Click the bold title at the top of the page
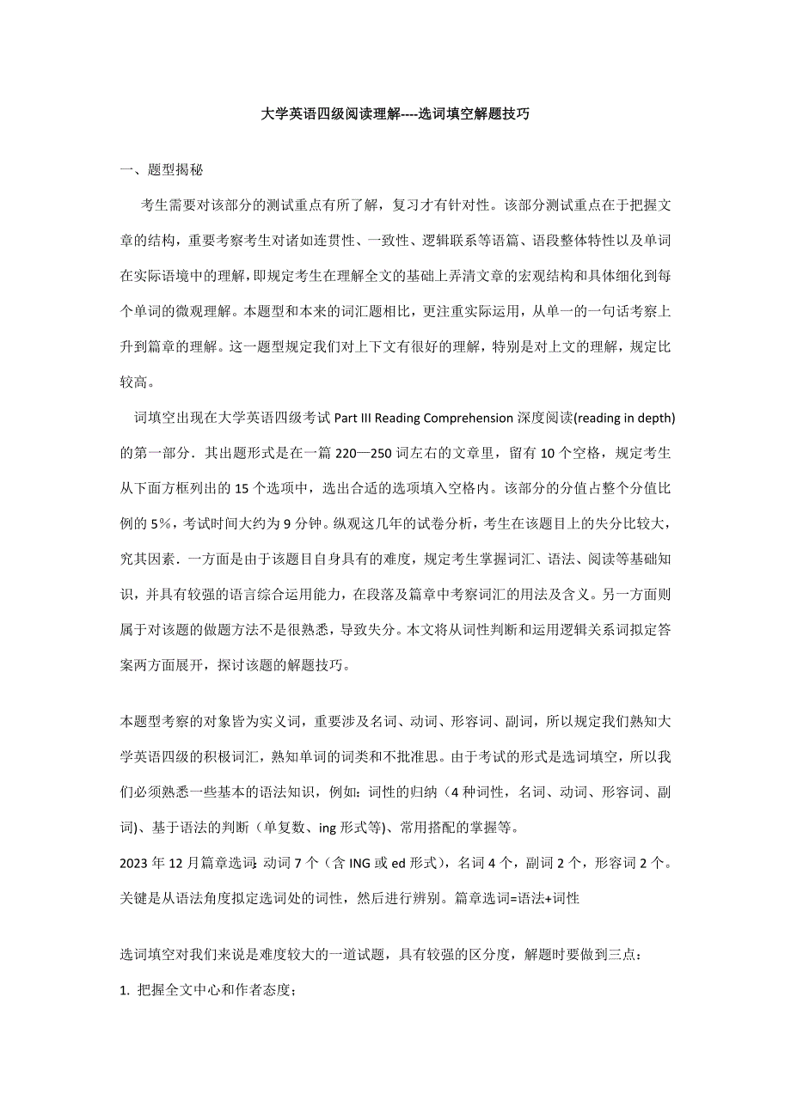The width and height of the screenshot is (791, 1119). click(395, 113)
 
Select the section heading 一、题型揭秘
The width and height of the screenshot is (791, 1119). click(162, 170)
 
